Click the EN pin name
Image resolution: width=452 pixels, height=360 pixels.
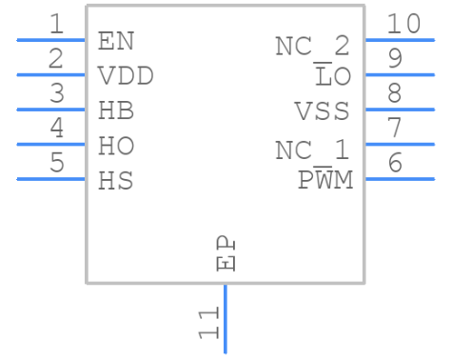[x=116, y=41]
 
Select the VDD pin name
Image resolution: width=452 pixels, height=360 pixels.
[x=126, y=76]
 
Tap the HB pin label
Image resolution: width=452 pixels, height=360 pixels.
[x=116, y=110]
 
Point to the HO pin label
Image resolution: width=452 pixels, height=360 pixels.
[x=116, y=146]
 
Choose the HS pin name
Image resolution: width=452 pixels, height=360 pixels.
[x=116, y=180]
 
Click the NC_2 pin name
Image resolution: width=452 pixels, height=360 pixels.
[x=312, y=46]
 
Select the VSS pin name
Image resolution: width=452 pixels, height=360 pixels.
[x=323, y=111]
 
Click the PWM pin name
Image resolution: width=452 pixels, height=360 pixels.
[x=325, y=180]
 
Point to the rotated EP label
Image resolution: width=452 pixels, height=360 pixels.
[x=226, y=253]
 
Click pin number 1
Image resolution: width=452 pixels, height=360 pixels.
[x=57, y=24]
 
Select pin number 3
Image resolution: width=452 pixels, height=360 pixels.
[x=57, y=93]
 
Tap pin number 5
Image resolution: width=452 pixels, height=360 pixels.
[x=57, y=163]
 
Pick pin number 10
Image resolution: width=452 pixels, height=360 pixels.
[x=403, y=24]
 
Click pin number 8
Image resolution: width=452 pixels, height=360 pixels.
[x=394, y=93]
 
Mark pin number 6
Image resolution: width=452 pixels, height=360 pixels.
[x=394, y=163]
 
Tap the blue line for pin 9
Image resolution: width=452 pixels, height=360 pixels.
[x=399, y=75]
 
